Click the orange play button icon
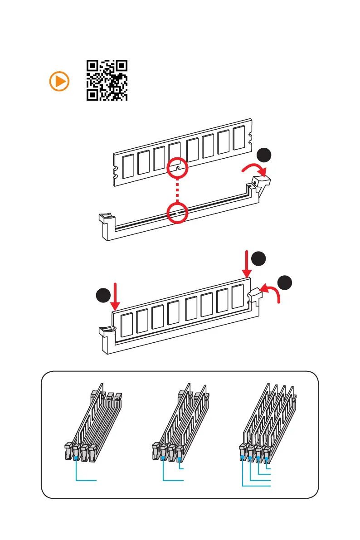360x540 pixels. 59,82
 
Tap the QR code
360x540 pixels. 107,80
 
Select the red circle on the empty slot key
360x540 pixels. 177,212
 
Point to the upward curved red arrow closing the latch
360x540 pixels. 272,293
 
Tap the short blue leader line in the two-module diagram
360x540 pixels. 181,467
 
